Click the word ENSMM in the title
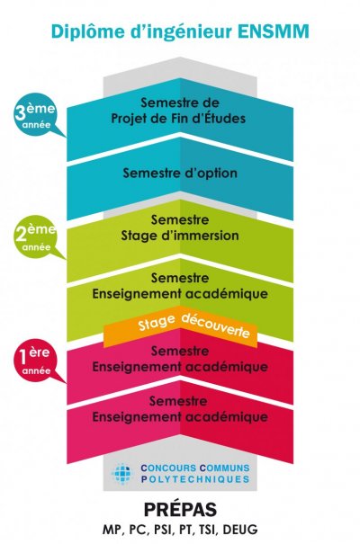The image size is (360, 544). pos(274,31)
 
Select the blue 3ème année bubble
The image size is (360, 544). pos(36,115)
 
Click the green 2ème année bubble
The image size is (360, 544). pos(36,237)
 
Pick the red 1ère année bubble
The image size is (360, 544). pos(36,361)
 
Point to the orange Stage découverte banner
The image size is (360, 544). pos(180,326)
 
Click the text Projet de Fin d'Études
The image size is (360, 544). pos(178,119)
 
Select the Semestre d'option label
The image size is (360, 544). pos(180,173)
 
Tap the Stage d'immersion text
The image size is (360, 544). pos(180,236)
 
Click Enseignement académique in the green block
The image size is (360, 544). pos(180,294)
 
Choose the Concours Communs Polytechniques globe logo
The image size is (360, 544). pos(122,474)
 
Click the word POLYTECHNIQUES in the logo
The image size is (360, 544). pos(195,479)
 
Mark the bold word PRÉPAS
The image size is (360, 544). pos(181,510)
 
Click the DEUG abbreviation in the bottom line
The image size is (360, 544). pos(240,530)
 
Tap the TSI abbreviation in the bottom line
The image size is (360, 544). pos(208,531)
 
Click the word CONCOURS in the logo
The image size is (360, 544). pos(168,468)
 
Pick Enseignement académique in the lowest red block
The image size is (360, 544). pos(180,417)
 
